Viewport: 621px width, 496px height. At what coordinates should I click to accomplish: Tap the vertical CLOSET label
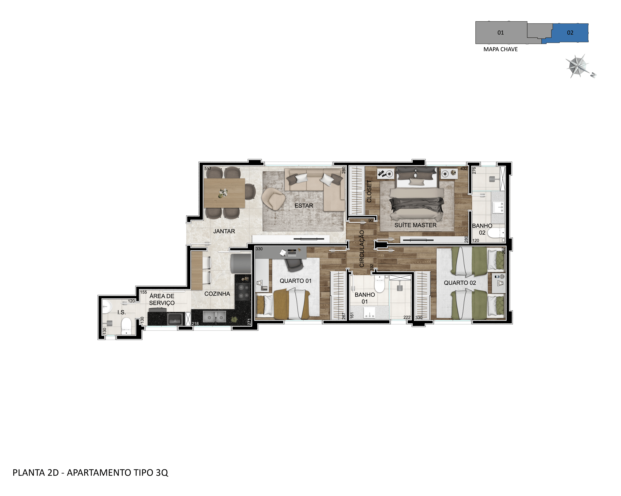(369, 191)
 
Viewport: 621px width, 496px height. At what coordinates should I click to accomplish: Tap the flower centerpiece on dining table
(223, 193)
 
